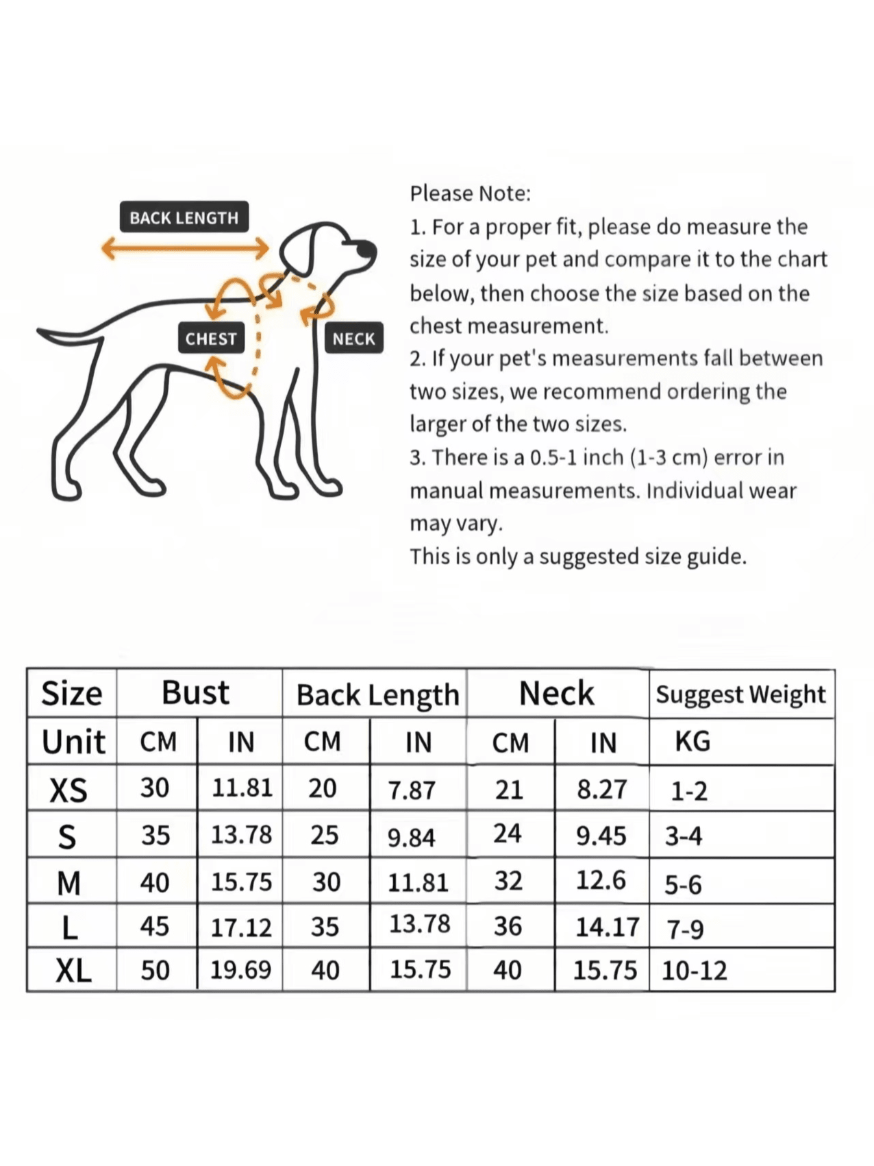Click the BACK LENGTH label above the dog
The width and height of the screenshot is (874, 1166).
point(184,217)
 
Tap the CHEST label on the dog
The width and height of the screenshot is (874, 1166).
point(211,338)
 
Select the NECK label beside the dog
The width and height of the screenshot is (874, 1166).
point(353,338)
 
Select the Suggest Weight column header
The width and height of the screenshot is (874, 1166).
point(741,694)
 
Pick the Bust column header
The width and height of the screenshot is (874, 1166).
point(195,692)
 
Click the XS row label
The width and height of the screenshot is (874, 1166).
point(68,790)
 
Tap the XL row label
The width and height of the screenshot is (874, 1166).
point(73,971)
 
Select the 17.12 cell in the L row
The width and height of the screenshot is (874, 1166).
point(241,927)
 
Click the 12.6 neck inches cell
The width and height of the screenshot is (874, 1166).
point(601,880)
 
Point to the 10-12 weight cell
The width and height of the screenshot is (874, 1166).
point(694,971)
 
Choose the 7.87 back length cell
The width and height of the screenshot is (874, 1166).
point(411,790)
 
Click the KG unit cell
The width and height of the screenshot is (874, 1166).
point(692,742)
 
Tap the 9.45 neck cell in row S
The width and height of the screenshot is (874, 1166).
point(601,836)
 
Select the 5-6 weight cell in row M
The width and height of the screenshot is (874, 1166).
point(683,884)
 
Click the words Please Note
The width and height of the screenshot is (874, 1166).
point(470,193)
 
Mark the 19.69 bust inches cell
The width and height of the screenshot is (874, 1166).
point(240,969)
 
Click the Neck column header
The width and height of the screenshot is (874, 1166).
point(556,693)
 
